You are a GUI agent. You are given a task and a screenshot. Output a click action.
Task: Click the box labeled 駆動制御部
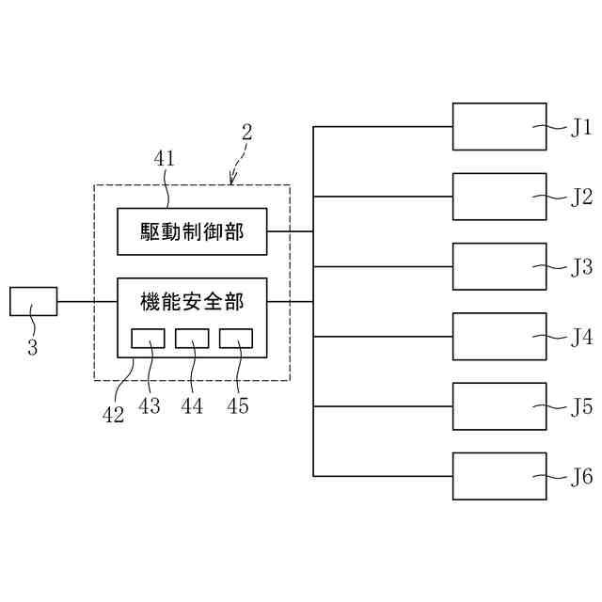point(192,231)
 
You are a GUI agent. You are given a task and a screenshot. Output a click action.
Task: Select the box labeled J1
point(499,127)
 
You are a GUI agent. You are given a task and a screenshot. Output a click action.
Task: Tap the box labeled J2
point(499,197)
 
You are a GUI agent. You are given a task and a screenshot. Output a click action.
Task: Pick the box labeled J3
point(499,266)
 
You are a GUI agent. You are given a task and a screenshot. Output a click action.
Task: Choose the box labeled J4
point(499,336)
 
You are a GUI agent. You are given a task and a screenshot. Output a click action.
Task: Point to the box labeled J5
point(499,405)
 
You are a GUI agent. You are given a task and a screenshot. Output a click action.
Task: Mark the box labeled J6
point(499,476)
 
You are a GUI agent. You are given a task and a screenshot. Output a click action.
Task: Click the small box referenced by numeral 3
point(33,301)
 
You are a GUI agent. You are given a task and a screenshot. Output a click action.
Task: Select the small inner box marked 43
point(148,339)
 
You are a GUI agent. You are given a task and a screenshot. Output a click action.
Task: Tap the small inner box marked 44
point(192,339)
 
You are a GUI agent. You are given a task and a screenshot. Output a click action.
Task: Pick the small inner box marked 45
point(236,339)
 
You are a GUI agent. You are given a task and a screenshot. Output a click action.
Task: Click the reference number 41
point(165,159)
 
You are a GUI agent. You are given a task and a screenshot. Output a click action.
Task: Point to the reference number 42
point(113,414)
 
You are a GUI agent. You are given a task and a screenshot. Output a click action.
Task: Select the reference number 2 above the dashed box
point(246,132)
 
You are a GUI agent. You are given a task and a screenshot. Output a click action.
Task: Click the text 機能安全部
point(192,302)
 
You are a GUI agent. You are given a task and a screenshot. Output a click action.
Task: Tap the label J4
point(581,336)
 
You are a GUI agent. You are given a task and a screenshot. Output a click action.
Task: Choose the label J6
point(581,476)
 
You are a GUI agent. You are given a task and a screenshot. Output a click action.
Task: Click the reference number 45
point(238,406)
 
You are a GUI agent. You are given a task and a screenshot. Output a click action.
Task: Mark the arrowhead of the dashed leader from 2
point(231,181)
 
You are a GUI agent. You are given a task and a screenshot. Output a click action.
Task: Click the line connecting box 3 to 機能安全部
point(87,301)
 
